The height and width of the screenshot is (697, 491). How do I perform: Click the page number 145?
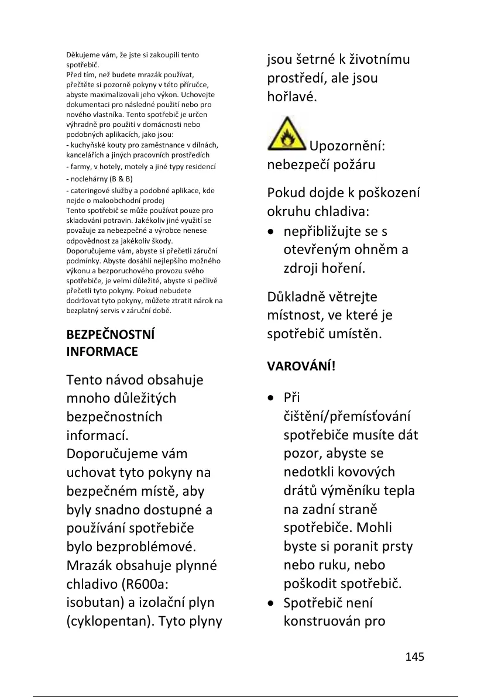point(414,657)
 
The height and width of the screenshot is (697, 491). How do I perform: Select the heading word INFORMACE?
point(102,352)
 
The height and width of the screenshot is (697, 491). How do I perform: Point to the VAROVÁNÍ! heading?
point(301,367)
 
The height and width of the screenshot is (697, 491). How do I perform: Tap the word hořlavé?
point(292,96)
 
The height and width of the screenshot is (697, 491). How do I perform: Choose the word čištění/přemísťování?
point(347,417)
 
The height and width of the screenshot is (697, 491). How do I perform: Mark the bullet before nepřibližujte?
point(272,232)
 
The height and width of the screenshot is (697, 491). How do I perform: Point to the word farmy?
point(83,166)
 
